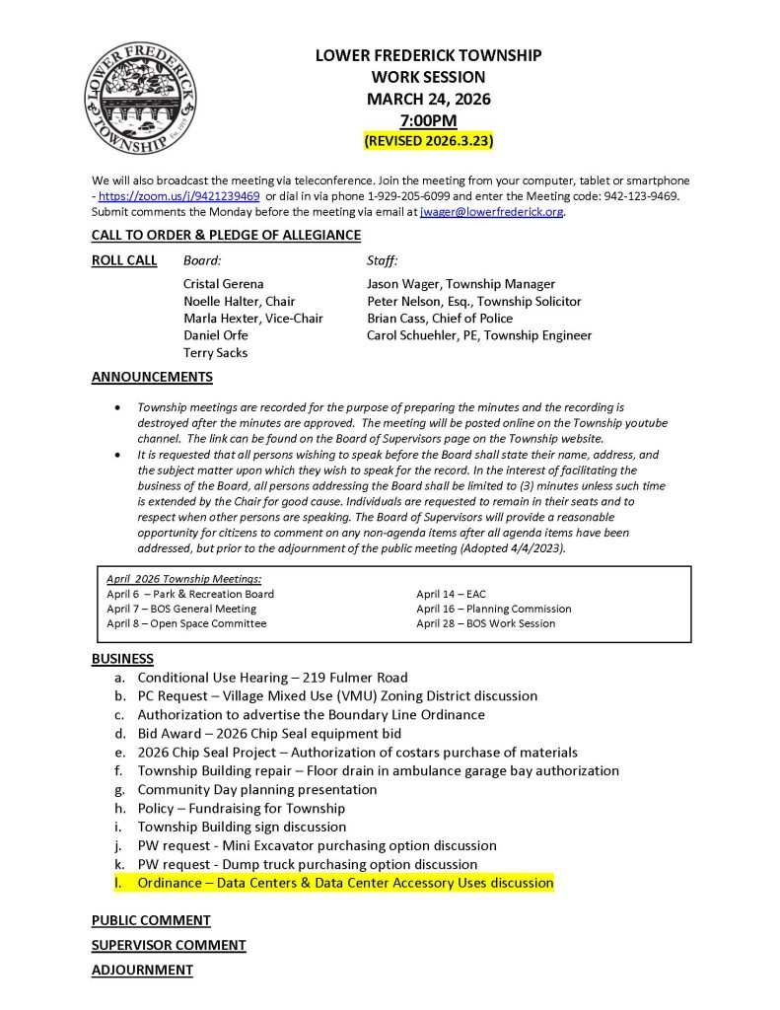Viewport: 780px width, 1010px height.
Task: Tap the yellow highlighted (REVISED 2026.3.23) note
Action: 429,141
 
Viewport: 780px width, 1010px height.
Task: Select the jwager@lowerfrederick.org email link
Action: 491,211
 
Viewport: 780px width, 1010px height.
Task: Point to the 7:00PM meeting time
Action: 428,120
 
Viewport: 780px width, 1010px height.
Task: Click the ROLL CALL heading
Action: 124,261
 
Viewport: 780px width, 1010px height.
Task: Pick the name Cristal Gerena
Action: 224,284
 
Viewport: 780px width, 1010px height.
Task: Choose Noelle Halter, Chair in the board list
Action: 239,301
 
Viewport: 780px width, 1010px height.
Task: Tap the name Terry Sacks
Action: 215,352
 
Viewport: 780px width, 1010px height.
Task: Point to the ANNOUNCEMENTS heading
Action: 152,377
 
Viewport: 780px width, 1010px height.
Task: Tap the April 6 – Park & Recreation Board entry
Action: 190,594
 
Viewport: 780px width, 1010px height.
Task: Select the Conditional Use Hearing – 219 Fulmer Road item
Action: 272,678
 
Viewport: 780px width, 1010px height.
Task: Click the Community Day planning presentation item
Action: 256,789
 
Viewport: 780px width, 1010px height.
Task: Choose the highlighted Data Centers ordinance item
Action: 345,883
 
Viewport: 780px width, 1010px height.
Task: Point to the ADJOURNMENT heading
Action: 142,970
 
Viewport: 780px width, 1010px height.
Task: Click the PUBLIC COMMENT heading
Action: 151,920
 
